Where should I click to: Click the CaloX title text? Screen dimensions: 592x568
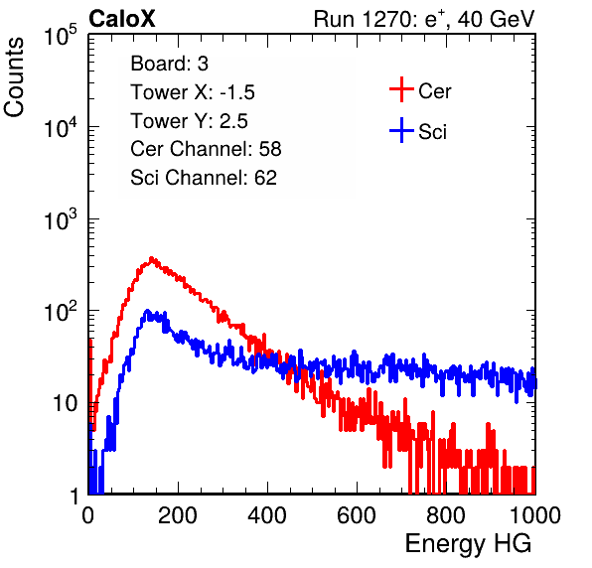click(x=122, y=19)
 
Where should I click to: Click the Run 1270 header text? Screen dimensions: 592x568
click(x=424, y=19)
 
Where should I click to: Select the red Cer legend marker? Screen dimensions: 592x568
click(x=401, y=89)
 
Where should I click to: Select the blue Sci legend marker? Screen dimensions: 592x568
click(x=401, y=130)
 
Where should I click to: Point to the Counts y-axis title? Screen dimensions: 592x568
click(x=14, y=77)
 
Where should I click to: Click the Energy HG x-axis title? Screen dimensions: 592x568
click(x=468, y=544)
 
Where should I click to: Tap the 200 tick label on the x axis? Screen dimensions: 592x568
click(x=178, y=515)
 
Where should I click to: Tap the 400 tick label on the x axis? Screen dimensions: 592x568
click(x=267, y=515)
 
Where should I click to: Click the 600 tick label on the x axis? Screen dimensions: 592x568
click(x=357, y=515)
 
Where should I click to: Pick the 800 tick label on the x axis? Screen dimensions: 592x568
click(x=446, y=515)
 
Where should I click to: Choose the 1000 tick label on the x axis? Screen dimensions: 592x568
click(x=535, y=515)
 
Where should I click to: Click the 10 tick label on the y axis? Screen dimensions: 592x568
click(x=66, y=403)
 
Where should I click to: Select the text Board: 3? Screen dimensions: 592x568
click(x=169, y=64)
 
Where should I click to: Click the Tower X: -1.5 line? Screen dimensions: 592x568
click(x=193, y=92)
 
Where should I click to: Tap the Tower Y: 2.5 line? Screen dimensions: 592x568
click(x=189, y=121)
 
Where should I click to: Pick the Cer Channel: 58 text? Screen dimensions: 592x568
click(x=206, y=149)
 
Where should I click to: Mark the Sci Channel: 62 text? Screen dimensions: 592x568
click(x=204, y=178)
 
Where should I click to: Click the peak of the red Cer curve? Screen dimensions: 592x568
click(x=152, y=259)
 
